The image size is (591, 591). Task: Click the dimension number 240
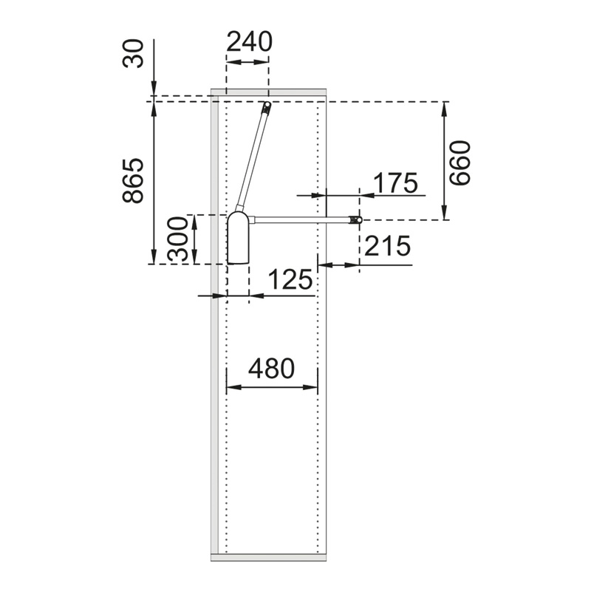(x=249, y=41)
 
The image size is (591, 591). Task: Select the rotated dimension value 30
(x=134, y=53)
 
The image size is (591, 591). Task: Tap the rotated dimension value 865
(x=134, y=181)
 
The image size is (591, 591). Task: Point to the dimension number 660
(x=461, y=163)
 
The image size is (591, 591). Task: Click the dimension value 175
(x=396, y=182)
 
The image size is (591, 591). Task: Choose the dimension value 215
(x=387, y=246)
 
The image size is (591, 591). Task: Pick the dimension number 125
(x=290, y=280)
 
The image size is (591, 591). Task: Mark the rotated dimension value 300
(x=177, y=239)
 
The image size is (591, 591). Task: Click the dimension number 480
(x=271, y=368)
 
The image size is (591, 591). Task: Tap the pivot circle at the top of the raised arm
(x=267, y=104)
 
